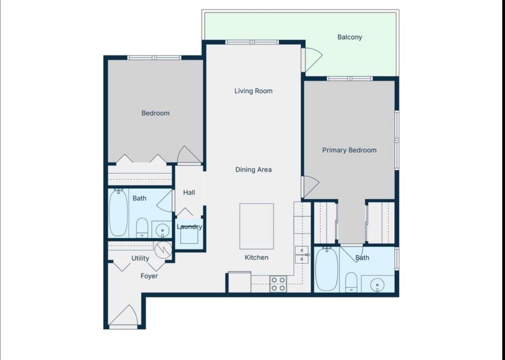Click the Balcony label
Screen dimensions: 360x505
[x=349, y=37]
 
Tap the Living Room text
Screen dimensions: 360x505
[x=253, y=91]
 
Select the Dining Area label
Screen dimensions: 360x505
[x=253, y=170]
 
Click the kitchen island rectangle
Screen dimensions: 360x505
[x=257, y=226]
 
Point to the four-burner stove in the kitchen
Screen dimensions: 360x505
[x=278, y=284]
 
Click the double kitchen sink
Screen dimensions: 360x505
[x=302, y=254]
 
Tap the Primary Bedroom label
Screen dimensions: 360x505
[x=349, y=150]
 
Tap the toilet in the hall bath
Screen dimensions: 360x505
[x=142, y=227]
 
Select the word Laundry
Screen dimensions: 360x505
[x=189, y=227]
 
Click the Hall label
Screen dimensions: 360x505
[x=189, y=192]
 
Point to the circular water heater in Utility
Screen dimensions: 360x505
[x=163, y=249]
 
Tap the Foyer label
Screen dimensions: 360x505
[x=149, y=276]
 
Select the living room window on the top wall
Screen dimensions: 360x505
[x=252, y=42]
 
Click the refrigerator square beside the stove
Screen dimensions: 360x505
[x=239, y=283]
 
